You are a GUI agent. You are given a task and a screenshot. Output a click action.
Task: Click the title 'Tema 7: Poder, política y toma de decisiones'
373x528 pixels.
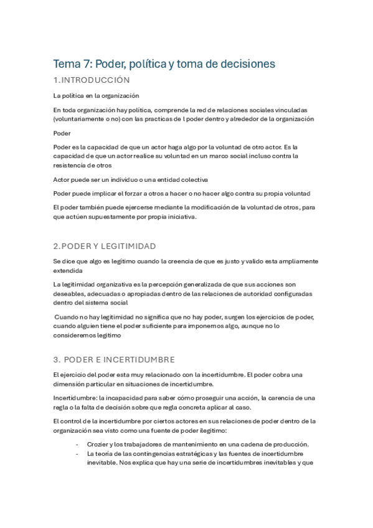click(164, 64)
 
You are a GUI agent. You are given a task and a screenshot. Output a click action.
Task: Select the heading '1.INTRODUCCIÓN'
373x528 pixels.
click(92, 80)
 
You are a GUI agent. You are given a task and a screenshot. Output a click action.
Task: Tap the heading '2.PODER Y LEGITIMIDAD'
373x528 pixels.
click(105, 246)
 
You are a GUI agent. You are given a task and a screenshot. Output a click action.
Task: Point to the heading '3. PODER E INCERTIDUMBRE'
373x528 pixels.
click(115, 359)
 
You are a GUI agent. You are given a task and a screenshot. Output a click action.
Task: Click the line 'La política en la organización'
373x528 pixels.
click(96, 95)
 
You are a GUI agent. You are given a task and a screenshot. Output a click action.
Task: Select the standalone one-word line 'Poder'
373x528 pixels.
click(62, 133)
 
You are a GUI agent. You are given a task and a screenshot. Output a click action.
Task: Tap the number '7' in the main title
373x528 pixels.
click(85, 64)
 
